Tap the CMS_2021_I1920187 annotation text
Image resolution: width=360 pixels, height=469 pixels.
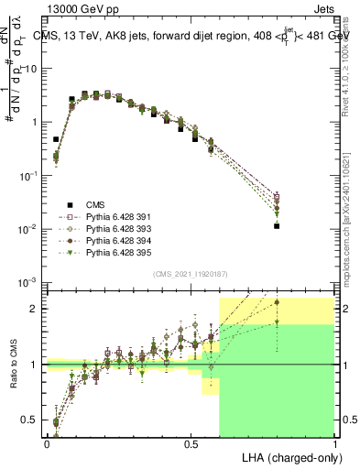[x=190, y=274]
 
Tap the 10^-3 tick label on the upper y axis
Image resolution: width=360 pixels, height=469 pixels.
[x=27, y=282]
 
